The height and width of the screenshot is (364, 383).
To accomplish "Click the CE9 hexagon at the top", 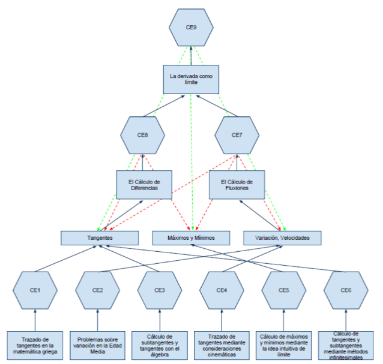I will point(191,27).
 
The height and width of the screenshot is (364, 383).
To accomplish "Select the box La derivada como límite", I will point(191,80).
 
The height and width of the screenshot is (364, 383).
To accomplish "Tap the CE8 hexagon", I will point(143,135).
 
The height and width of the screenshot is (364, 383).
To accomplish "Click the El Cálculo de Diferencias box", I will point(143,185).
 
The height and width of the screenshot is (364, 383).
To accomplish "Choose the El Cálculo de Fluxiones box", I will point(237,185).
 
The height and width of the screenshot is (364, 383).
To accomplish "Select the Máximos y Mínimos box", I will point(191,237).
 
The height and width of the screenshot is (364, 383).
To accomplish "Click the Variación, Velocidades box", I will point(282,237).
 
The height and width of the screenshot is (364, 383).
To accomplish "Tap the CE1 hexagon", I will point(35,290).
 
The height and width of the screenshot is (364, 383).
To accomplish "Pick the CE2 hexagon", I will point(97,290).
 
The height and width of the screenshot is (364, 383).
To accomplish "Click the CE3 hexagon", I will point(160,290).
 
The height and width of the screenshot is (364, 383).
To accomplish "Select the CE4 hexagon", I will point(222,290).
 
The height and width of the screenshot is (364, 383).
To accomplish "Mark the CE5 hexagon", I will point(284,290).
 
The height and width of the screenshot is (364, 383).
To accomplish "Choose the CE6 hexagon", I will point(346,290).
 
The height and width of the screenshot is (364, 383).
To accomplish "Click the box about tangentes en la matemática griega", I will point(35,344).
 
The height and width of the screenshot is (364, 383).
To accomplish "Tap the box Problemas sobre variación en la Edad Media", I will point(97,344).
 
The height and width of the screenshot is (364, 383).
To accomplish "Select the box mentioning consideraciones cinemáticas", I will point(222,344).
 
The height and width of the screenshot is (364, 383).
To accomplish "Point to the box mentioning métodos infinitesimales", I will point(346,344).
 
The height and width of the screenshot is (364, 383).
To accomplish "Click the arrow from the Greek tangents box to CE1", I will point(35,320).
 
